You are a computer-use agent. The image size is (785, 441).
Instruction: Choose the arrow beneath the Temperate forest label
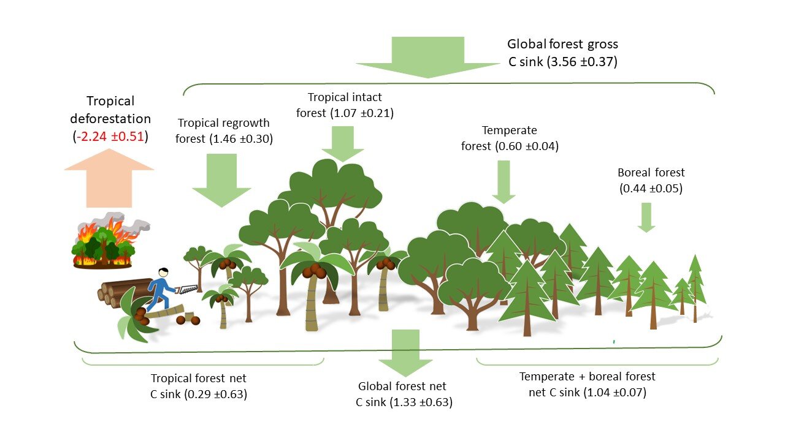504,181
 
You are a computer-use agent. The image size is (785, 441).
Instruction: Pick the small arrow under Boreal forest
646,217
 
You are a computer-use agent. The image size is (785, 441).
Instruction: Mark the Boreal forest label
651,173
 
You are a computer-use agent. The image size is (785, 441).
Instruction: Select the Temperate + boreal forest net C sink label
587,384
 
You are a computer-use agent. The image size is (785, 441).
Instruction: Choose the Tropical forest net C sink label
199,386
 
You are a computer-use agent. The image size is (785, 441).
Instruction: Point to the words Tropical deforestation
110,109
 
